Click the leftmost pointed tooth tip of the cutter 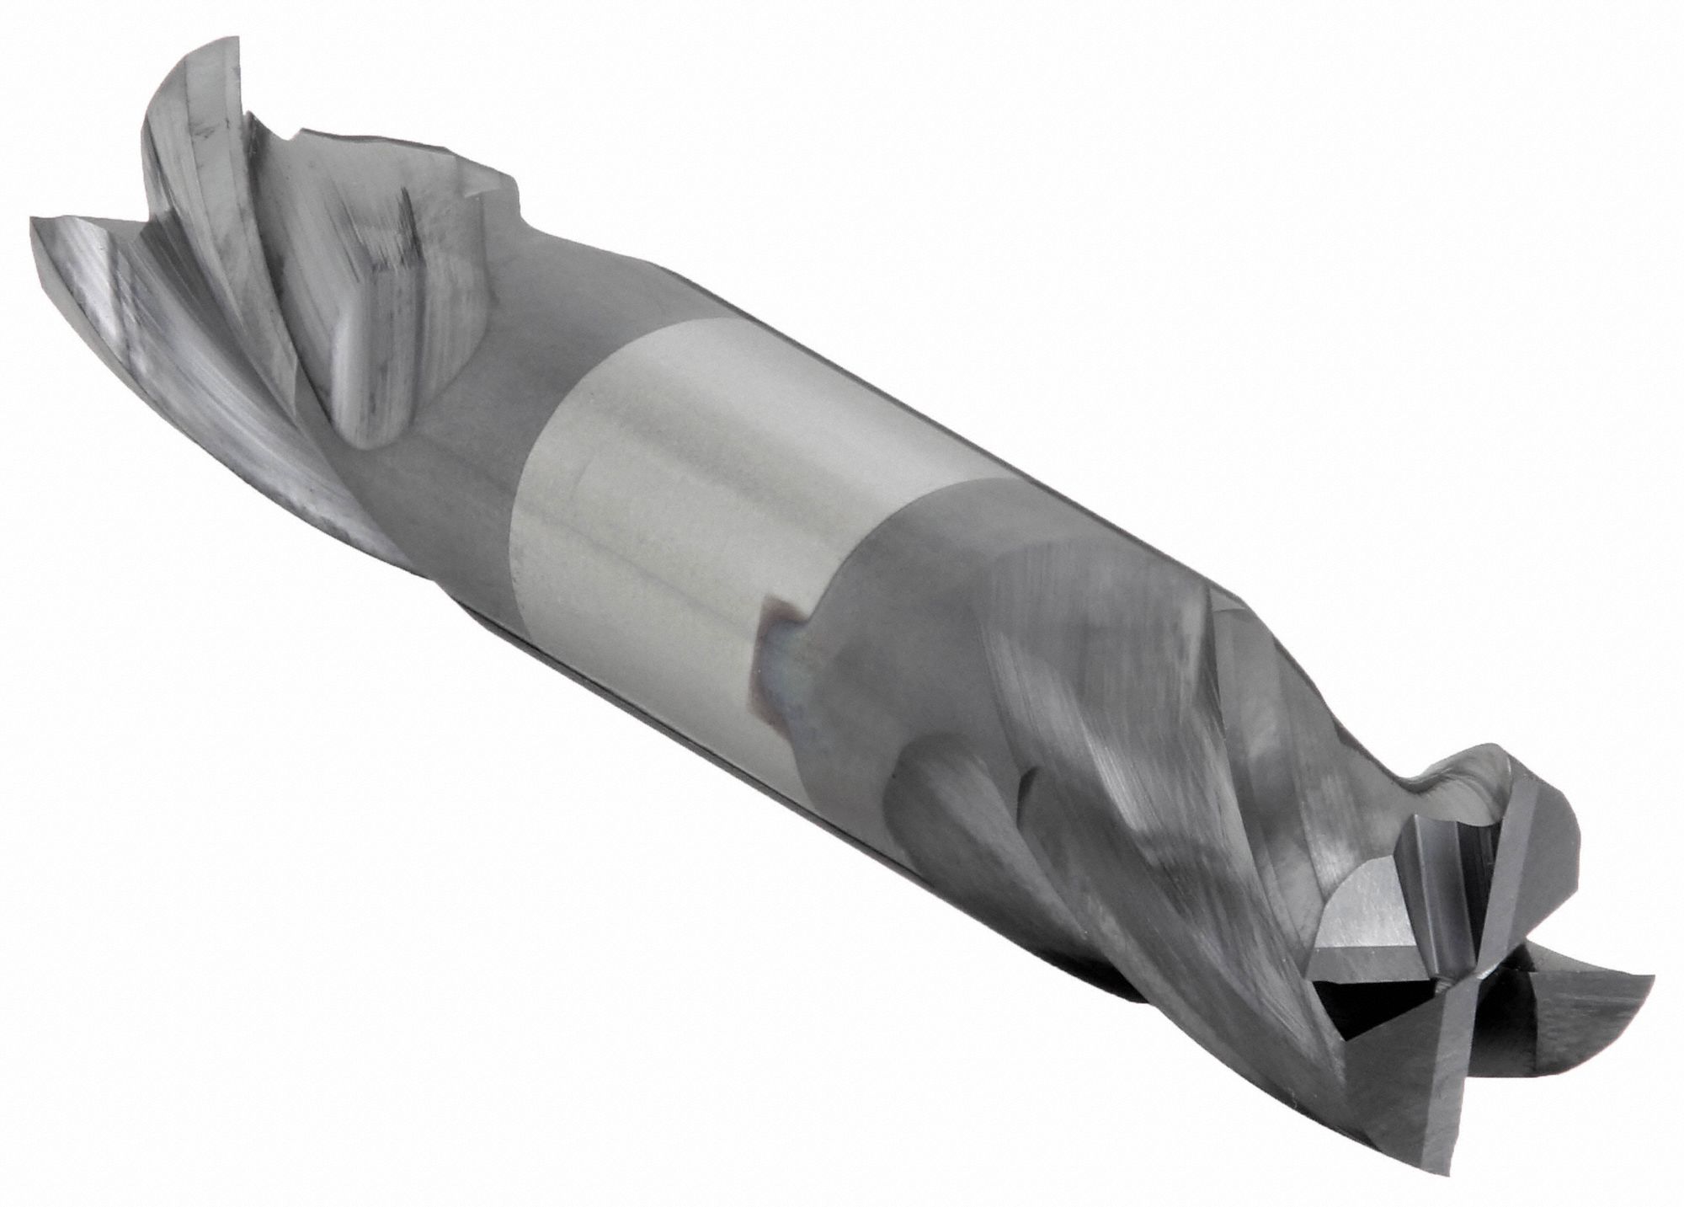34,221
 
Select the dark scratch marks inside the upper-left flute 396,244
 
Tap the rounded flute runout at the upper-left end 370,421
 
